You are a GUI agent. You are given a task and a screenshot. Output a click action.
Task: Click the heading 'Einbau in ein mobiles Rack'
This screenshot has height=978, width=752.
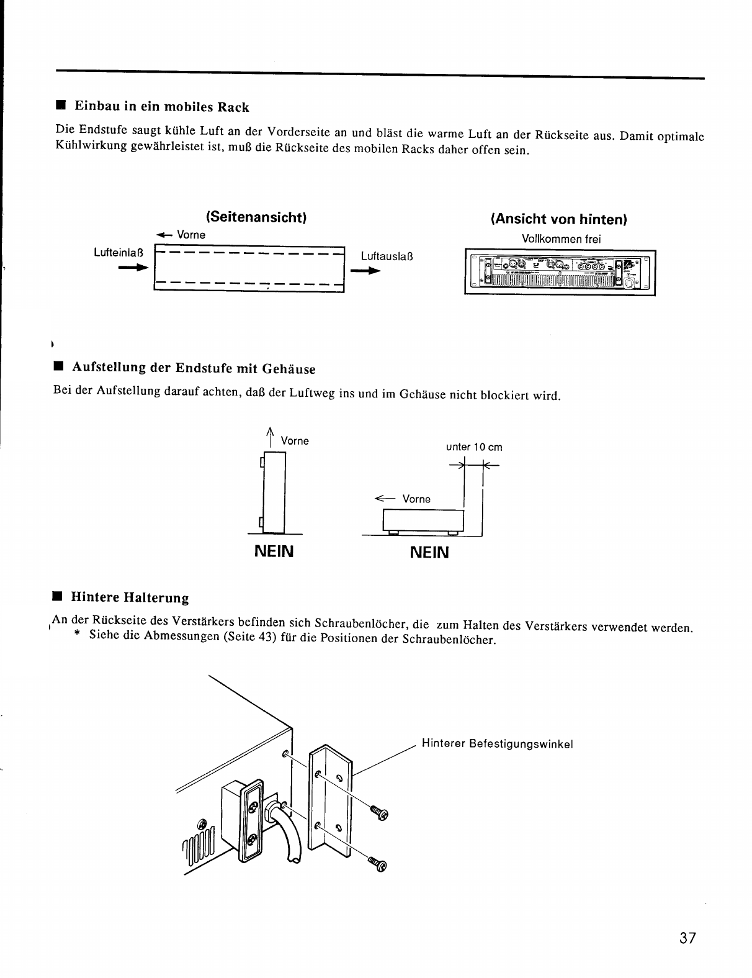pos(161,107)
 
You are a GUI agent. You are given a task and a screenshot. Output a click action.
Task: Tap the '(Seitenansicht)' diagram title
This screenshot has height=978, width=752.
pos(256,217)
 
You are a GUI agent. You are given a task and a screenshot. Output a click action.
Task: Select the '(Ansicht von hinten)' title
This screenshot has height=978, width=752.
pos(559,219)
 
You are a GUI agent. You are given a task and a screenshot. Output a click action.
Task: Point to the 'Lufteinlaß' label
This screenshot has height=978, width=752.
pos(118,253)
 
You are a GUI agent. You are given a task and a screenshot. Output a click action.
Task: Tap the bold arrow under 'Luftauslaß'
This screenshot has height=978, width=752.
pos(365,271)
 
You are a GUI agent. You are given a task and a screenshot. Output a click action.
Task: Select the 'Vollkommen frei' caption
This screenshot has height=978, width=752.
pos(561,239)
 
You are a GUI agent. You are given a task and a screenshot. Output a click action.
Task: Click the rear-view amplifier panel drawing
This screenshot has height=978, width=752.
pos(560,272)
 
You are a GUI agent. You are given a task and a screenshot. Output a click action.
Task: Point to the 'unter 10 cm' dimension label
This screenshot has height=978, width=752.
pos(474,447)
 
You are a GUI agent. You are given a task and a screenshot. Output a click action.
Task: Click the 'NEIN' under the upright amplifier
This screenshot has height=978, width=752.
pos(273,551)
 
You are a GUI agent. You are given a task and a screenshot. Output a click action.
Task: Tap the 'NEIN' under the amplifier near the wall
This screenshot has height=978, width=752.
pos(429,552)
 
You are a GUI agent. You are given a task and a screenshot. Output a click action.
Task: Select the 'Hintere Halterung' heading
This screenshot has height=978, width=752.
pos(130,598)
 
